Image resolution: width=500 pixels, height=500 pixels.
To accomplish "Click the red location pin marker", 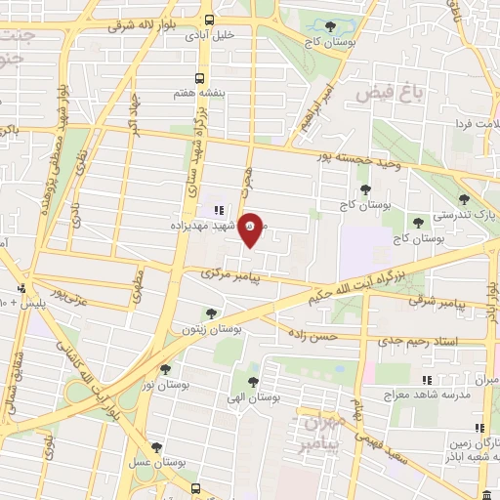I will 250,229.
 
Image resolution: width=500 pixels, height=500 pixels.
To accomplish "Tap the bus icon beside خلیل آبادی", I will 210,20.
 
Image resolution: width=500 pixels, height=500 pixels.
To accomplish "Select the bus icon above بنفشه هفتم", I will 199,76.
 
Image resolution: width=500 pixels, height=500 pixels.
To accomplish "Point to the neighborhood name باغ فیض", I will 379,93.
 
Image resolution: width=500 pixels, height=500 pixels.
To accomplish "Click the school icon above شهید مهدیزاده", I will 220,209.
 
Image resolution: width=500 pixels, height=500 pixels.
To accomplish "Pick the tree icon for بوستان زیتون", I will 211,312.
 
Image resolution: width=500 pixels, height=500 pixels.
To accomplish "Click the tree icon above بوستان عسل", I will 156,447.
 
